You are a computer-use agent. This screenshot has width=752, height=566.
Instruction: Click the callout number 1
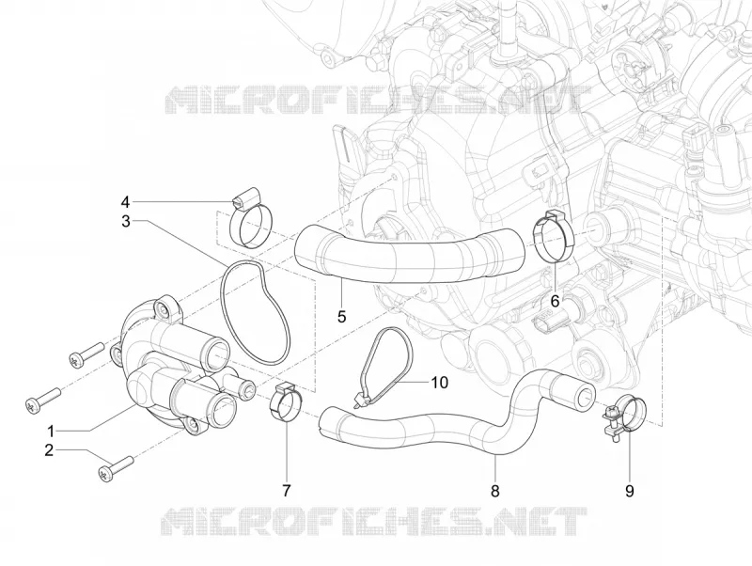tap(51, 430)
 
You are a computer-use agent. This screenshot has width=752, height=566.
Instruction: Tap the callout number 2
tap(49, 450)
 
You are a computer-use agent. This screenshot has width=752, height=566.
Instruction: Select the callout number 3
tap(126, 221)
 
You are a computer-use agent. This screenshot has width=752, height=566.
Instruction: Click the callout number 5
tap(341, 317)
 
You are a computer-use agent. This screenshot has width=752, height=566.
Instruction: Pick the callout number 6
tap(555, 301)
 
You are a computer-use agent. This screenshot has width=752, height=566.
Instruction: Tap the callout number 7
tap(287, 491)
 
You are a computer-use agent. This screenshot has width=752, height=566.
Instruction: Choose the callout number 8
tap(495, 491)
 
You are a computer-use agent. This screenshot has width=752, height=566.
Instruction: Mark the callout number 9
tap(629, 491)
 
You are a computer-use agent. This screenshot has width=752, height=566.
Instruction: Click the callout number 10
tap(439, 383)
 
